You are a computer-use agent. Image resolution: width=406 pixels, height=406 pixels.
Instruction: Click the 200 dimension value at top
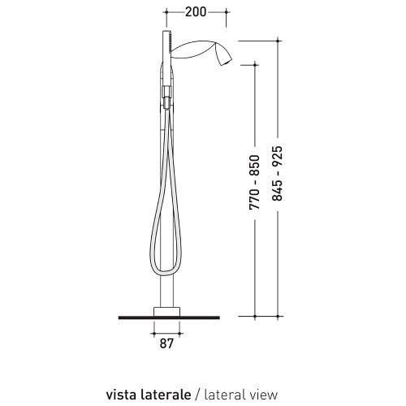coord(196,12)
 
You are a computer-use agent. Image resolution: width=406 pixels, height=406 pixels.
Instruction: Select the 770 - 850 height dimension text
coord(253,185)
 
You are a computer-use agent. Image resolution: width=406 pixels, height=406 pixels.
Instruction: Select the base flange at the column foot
coord(166,310)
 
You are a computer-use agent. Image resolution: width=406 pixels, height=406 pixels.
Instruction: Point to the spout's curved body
coord(199,52)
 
